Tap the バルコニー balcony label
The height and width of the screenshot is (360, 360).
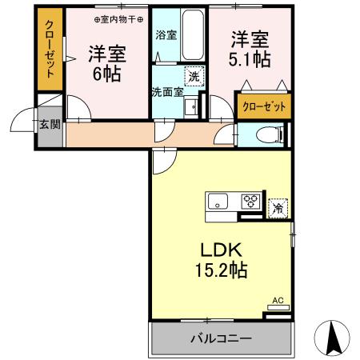220,338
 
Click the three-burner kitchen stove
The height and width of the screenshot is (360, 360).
250,201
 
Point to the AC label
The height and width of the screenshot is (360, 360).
278,301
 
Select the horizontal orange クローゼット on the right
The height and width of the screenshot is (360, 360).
262,105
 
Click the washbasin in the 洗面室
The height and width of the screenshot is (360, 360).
190,106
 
